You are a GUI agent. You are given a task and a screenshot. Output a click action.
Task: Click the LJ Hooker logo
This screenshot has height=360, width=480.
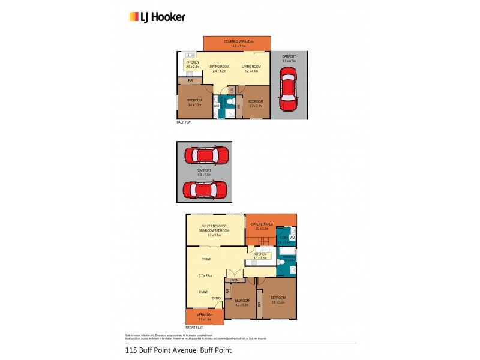pos(158,17)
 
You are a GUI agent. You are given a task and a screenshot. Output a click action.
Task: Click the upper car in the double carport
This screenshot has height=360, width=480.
pos(205,156)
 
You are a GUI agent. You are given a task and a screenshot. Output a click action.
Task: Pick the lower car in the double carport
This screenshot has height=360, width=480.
pos(205,191)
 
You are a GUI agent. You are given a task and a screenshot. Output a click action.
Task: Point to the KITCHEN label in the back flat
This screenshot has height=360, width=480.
pos(193,65)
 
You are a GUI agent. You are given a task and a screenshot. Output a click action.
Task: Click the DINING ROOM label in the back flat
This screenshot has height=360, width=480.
pos(220,68)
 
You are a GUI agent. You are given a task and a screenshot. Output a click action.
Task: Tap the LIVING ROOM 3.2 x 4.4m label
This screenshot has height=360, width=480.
pos(250,68)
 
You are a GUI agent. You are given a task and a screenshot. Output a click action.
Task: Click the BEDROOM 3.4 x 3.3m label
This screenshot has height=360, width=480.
pos(194,102)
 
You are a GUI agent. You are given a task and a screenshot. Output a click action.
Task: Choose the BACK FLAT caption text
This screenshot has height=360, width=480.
pos(184,122)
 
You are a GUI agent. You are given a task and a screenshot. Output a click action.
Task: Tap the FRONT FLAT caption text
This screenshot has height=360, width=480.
pos(194,328)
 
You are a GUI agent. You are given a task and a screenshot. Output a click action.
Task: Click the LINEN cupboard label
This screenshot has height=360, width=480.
pos(234,280)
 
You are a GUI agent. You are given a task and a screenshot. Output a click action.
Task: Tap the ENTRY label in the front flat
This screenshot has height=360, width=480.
pos(216,298)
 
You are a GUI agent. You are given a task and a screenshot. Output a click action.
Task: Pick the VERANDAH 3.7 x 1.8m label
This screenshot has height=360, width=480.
pos(205,317)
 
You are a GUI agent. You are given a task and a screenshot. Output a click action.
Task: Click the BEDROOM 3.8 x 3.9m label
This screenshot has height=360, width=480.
pos(278,301)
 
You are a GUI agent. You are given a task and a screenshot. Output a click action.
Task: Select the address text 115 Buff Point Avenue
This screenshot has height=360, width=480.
pos(178,350)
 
